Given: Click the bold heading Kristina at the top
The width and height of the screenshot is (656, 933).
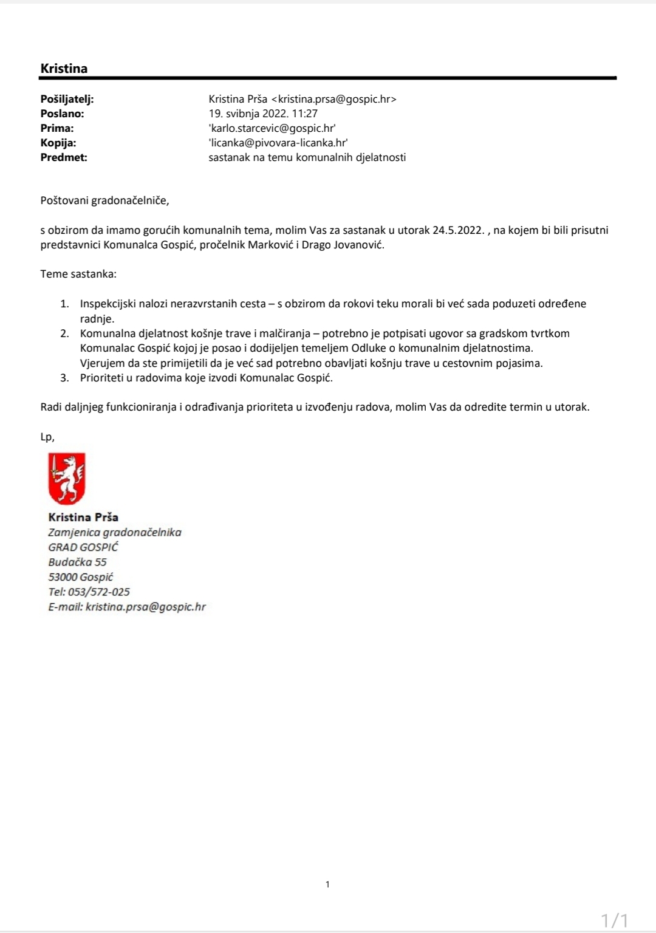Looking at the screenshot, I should (64, 69).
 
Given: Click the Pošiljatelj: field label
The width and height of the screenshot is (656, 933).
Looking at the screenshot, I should (67, 99).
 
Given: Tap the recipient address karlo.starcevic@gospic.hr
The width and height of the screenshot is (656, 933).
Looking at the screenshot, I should (272, 128).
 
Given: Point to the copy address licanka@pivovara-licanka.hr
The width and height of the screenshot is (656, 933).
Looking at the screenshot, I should (278, 143).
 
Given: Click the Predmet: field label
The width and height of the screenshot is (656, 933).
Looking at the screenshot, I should (64, 157).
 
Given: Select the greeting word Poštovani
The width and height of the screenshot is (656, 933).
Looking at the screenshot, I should (64, 200).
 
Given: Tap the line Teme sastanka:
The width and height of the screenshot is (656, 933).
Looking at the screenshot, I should (78, 274).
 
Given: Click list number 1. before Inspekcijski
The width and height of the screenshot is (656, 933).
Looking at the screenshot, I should (64, 304).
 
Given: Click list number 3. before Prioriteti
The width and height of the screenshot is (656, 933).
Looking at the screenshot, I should (64, 378).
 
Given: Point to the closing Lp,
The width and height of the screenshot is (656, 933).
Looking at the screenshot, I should (47, 437).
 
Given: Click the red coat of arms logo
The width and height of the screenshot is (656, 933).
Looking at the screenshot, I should (67, 479).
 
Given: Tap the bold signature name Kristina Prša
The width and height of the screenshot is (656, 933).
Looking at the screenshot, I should (83, 518).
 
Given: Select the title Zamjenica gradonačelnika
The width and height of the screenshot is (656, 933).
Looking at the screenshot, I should (115, 533).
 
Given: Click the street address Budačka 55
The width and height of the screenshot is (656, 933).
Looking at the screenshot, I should (77, 562).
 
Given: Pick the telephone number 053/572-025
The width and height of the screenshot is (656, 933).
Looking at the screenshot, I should (99, 592).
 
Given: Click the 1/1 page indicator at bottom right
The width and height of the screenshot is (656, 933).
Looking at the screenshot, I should (614, 920).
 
